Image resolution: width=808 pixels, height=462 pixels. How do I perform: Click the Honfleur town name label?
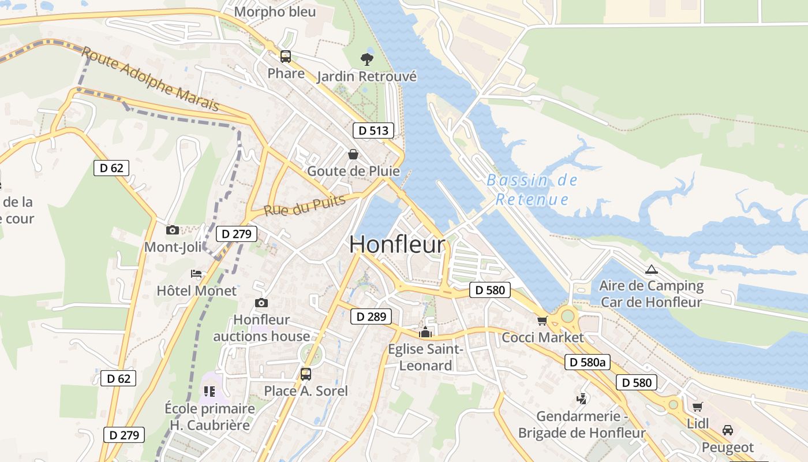pos(398,244)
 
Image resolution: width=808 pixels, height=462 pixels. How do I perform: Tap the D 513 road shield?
pos(373,131)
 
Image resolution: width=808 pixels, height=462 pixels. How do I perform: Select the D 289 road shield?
pos(371,316)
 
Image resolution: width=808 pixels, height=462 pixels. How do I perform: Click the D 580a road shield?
pos(587,362)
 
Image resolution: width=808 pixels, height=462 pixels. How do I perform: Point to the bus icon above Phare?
pos(286,57)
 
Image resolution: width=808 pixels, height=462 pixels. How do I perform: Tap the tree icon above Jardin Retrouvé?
pos(366,58)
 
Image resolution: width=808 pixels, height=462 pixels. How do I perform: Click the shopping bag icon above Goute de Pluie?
pos(353,154)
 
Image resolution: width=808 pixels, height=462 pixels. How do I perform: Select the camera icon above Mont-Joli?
pos(172,230)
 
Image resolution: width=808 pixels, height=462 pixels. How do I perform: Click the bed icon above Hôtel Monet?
pos(196,274)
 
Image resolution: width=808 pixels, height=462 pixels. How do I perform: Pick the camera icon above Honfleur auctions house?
pos(261,303)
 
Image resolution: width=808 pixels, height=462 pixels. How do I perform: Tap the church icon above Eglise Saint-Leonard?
pos(425,332)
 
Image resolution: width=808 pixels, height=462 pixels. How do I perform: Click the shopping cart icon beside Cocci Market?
pos(541,321)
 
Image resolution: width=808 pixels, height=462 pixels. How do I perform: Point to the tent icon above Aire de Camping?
pos(651,269)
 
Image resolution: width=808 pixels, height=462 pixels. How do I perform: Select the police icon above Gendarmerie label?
pos(582,398)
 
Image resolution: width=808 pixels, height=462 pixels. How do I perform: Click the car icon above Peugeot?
pos(728,430)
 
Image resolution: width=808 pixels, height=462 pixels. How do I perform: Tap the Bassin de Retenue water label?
pos(532,190)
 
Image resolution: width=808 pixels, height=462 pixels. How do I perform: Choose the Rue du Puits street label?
pos(304,205)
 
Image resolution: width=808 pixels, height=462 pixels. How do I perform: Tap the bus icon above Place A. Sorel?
pos(306,374)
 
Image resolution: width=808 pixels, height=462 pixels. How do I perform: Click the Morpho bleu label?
pos(275,12)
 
